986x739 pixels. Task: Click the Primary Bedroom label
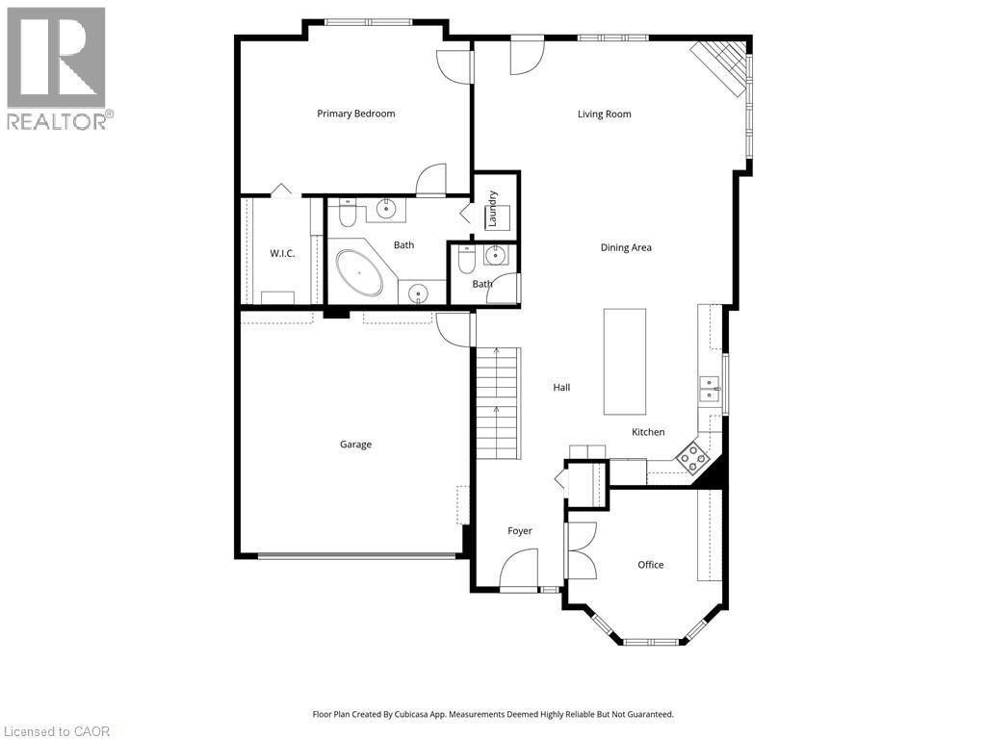pos(356,114)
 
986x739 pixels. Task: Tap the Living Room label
pos(604,115)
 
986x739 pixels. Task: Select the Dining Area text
pos(626,247)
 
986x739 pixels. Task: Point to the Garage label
pos(355,445)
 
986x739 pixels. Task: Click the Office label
pos(650,565)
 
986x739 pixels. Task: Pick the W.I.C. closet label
pos(281,253)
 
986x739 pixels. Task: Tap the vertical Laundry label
pos(492,209)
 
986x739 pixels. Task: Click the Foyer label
pos(520,531)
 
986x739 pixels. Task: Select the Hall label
pos(561,388)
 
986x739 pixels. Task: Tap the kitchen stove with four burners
pos(691,457)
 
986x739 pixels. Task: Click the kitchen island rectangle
pos(624,361)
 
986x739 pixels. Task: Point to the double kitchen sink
pos(709,390)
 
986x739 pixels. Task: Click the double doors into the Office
pos(582,550)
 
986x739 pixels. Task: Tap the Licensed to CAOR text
pos(56,731)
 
